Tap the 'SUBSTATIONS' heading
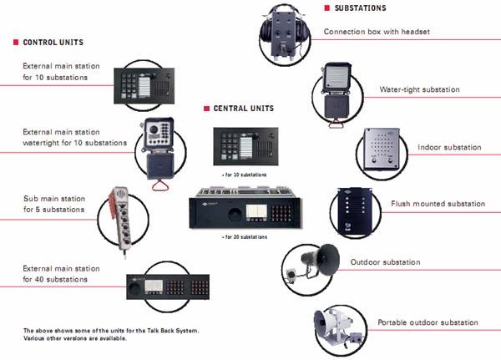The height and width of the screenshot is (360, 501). tap(360, 8)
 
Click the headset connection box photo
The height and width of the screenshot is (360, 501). tap(283, 33)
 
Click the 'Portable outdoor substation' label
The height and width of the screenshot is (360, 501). tap(428, 322)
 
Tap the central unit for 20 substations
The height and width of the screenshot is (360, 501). tap(245, 211)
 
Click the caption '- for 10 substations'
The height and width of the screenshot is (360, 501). tap(245, 175)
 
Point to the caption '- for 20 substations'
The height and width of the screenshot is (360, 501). tap(245, 237)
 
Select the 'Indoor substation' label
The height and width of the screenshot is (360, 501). tap(448, 147)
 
